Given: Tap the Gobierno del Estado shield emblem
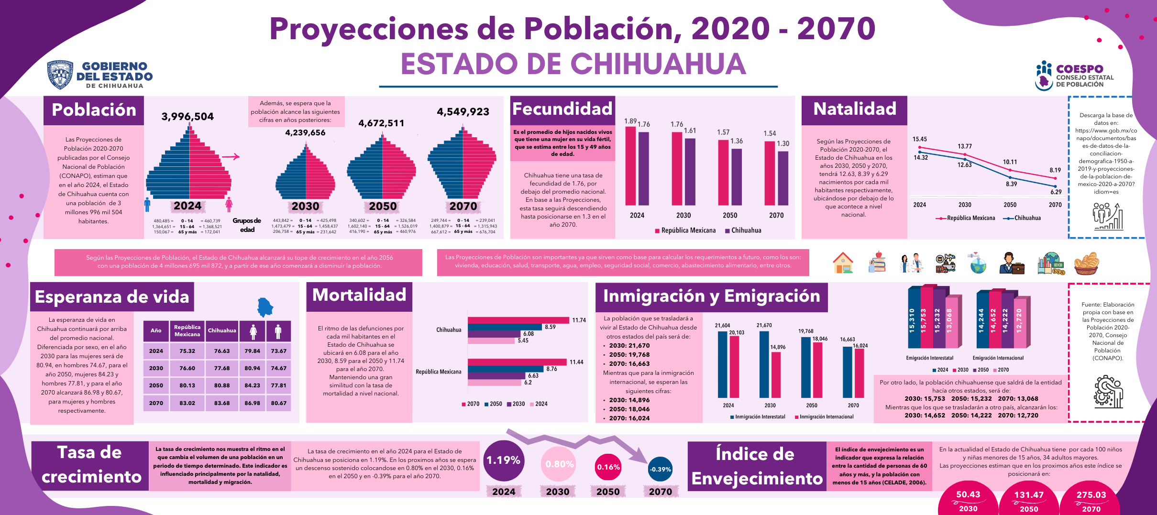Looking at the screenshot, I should tap(60, 75).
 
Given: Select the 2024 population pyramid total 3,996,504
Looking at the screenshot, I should tap(187, 117).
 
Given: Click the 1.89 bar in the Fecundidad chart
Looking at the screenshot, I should tap(630, 165).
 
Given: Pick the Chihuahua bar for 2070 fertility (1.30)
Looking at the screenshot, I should tap(783, 178).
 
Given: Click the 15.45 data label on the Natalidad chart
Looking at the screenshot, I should tap(919, 139).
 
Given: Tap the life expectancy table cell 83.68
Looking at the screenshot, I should tap(222, 403).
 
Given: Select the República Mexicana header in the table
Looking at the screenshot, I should tap(187, 330).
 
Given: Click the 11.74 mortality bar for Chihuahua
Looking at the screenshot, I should tap(518, 320).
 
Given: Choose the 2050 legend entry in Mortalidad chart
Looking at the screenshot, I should tap(493, 404).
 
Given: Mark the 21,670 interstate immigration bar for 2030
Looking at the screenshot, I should tap(764, 364).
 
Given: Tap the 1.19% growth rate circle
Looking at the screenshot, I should tap(503, 460).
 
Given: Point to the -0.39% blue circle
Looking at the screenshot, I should tap(660, 469).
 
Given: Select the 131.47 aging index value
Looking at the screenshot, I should tap(1028, 495).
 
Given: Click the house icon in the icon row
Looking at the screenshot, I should tap(843, 263).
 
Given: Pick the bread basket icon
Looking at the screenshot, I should tap(1086, 263).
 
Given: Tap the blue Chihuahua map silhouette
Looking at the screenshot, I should tap(264, 307).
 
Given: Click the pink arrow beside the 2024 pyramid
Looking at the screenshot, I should tap(231, 156).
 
